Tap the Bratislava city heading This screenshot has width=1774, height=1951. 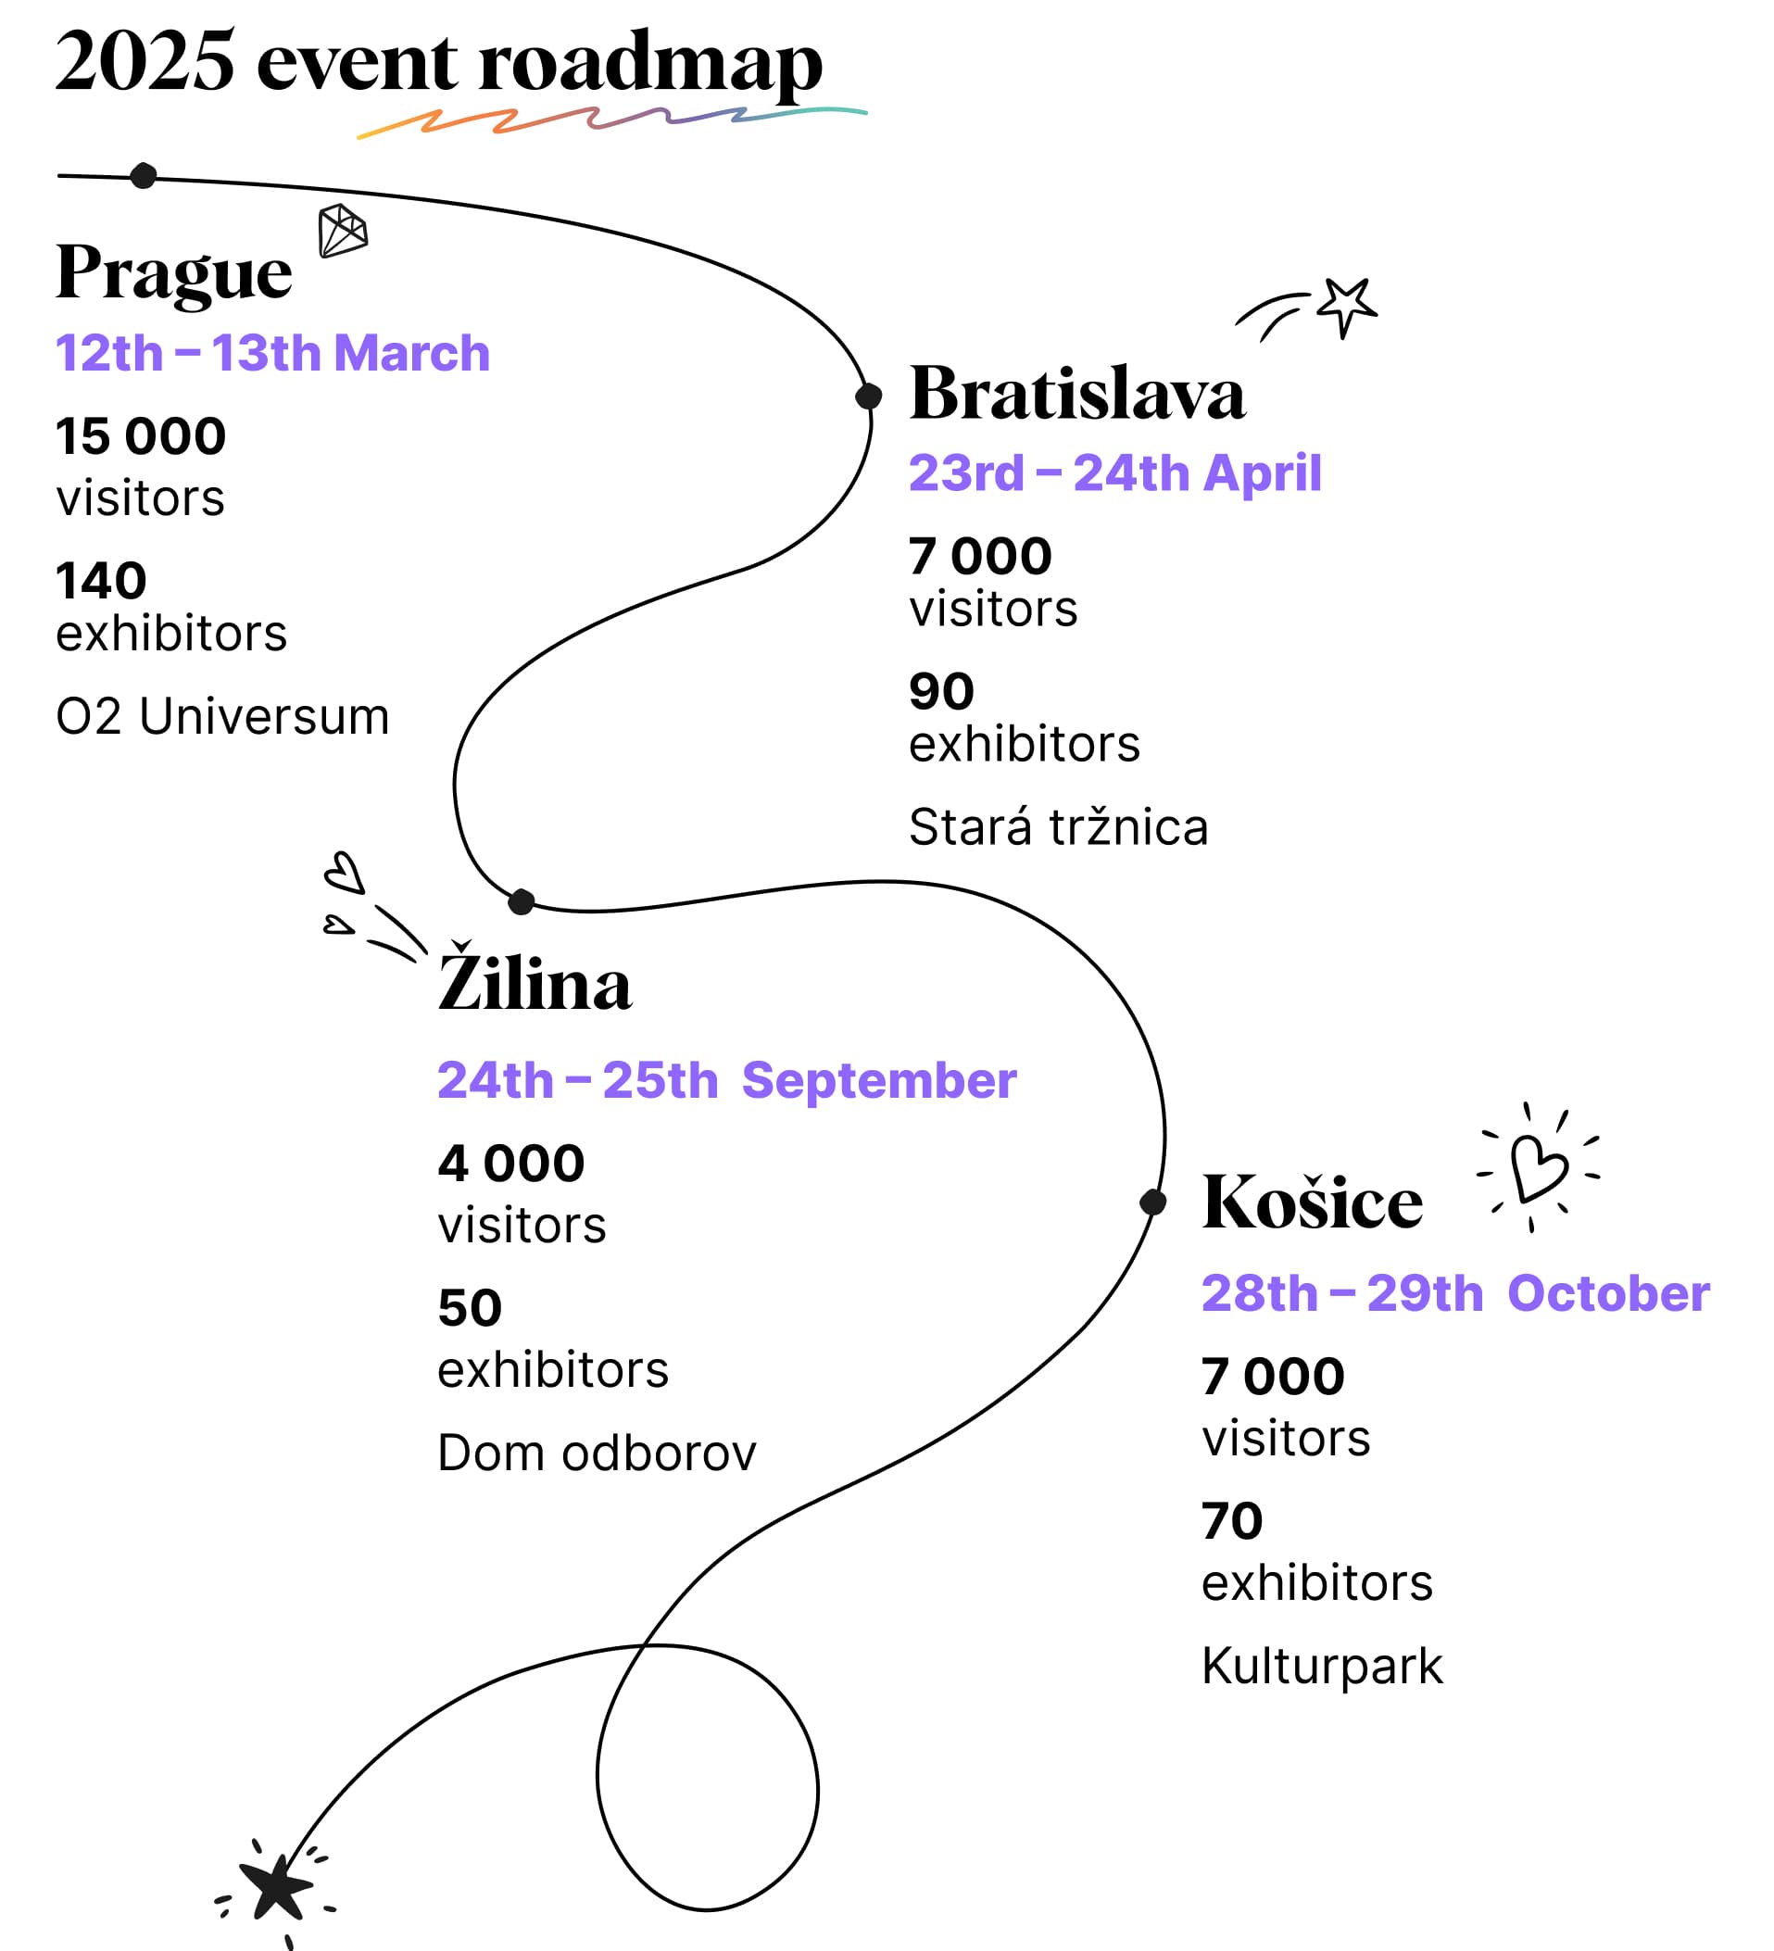pos(1077,393)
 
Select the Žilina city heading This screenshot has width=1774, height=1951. pos(535,977)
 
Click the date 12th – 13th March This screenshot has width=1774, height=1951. pos(273,352)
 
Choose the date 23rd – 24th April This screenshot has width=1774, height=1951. pos(1115,472)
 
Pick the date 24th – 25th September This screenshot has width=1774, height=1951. pos(727,1080)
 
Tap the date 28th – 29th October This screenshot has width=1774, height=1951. pos(1455,1293)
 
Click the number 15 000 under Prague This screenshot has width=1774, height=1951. pos(142,436)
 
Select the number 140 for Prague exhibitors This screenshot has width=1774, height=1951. pos(102,581)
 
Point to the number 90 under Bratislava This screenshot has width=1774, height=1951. pos(942,691)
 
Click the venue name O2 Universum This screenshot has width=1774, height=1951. pos(222,717)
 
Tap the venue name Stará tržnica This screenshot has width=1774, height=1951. pos(1059,827)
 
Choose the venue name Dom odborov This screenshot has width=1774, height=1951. pos(598,1453)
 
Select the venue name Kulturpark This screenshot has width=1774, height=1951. pos(1322,1667)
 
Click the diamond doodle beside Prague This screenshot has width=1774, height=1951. pos(343,231)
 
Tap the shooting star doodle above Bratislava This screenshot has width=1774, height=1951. pos(1307,308)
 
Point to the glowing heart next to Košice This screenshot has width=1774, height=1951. pos(1538,1167)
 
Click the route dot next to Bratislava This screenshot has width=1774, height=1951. pos(868,396)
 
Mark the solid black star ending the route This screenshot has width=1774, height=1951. pos(276,1886)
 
